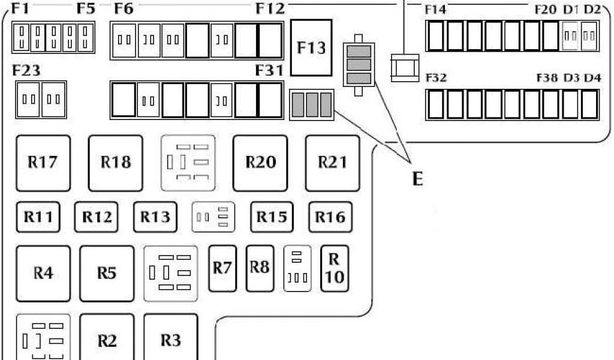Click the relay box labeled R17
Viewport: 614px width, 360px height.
(43, 162)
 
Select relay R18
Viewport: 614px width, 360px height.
(116, 162)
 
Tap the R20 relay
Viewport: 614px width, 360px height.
(260, 162)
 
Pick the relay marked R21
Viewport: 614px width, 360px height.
(332, 162)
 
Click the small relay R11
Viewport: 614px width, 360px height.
(38, 217)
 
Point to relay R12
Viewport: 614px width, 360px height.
(97, 217)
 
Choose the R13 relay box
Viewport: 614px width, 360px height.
(155, 217)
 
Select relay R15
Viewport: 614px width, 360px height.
(272, 217)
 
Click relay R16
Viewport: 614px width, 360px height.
(330, 217)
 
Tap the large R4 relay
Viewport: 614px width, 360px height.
(43, 273)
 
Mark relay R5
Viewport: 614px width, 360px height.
(107, 273)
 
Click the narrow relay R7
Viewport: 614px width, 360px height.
(222, 268)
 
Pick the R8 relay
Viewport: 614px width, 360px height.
(260, 268)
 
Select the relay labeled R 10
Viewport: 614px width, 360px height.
(335, 268)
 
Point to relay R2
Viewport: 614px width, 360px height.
(107, 340)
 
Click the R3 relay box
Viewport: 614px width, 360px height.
(171, 339)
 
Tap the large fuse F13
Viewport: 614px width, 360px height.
(311, 47)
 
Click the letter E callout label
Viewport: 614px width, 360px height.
(417, 178)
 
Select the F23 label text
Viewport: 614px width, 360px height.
(26, 71)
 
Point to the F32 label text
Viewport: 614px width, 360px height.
(435, 78)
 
